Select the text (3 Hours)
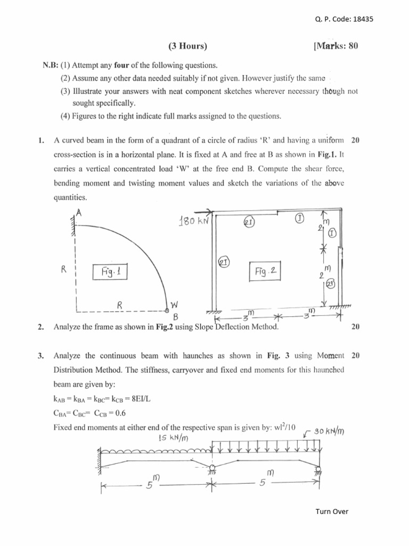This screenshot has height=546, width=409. [187, 46]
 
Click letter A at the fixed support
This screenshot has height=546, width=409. [78, 212]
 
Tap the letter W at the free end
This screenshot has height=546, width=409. [174, 306]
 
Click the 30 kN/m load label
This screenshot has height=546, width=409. [329, 431]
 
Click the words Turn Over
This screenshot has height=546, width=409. [332, 511]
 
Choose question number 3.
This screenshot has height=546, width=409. [41, 355]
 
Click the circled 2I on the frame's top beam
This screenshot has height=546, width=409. [249, 221]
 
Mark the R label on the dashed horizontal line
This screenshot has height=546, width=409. [120, 306]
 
